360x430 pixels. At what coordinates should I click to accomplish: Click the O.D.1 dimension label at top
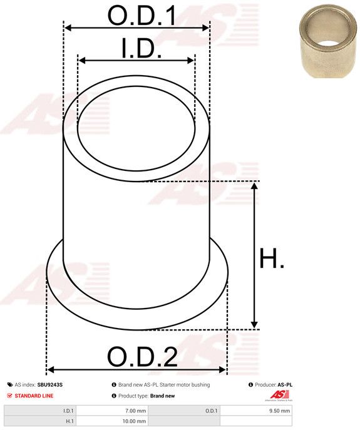click(x=142, y=16)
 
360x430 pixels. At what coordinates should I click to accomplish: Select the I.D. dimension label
click(x=141, y=49)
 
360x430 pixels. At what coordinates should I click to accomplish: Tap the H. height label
click(x=271, y=258)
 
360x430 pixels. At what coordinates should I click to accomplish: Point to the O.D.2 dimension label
click(x=142, y=357)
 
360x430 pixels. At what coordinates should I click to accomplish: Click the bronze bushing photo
click(x=328, y=41)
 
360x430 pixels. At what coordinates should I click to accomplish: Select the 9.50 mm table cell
click(x=255, y=411)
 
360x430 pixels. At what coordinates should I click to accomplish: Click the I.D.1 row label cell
click(x=40, y=411)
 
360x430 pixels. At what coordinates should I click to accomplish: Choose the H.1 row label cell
click(x=40, y=421)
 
